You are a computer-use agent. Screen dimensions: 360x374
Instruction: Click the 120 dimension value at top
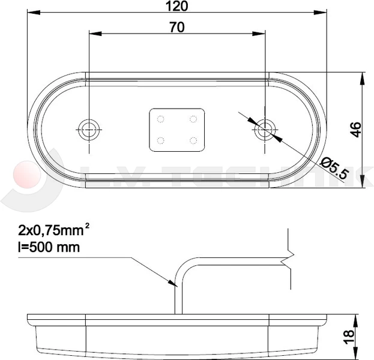pos(177,6)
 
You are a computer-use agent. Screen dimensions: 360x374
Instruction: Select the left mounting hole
pos(89,127)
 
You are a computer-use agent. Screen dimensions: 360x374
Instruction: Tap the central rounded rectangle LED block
pos(176,129)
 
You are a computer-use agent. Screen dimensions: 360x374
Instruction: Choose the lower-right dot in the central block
pos(193,140)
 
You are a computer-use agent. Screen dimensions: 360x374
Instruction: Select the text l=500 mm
pos(47,247)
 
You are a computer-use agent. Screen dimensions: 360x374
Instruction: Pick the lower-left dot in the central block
pos(160,140)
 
